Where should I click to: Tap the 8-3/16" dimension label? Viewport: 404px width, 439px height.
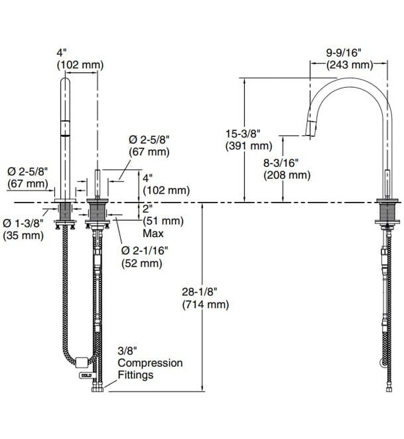(287, 162)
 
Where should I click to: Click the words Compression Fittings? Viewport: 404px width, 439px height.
(150, 369)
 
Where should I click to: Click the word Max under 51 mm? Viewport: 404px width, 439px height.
(153, 233)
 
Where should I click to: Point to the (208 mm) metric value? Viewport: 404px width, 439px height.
(287, 176)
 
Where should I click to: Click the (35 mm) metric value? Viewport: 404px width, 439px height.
(23, 236)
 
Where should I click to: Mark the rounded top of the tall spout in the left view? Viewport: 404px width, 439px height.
(65, 83)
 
